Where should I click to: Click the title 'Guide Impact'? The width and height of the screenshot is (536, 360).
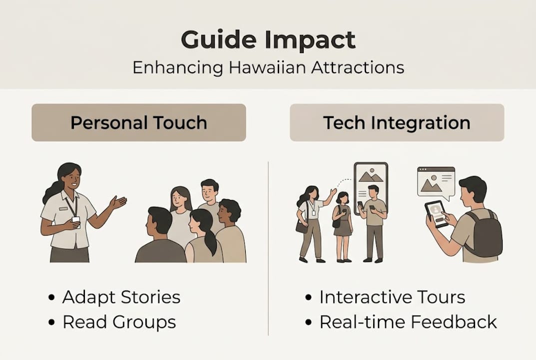(x=268, y=40)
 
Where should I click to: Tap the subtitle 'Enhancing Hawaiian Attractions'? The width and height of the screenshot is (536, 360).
(x=268, y=67)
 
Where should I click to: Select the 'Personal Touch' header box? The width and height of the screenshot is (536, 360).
(x=138, y=122)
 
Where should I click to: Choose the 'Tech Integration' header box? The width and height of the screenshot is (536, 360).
(x=397, y=122)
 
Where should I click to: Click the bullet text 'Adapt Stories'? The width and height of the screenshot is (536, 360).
(x=121, y=297)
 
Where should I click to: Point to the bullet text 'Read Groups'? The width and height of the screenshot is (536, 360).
(x=119, y=322)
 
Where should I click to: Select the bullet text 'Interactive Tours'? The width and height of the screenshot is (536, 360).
(x=392, y=297)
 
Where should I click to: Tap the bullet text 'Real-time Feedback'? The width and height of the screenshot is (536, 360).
(x=408, y=322)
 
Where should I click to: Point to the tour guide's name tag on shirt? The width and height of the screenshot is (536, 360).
(x=63, y=208)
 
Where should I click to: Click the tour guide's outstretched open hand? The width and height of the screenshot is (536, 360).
(x=118, y=201)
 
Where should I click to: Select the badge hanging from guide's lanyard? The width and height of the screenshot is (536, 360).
(x=75, y=220)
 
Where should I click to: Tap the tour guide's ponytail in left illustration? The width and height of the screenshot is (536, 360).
(x=51, y=191)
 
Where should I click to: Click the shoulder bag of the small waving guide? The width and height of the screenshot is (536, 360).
(x=301, y=227)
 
